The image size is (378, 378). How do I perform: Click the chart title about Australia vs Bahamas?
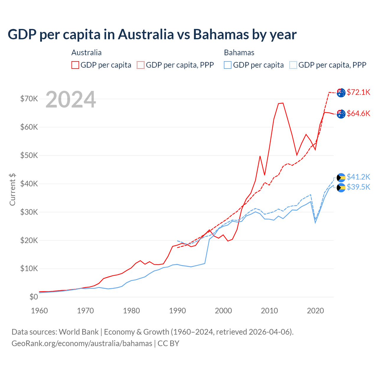(x=152, y=35)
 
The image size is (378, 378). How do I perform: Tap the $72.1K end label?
(x=358, y=92)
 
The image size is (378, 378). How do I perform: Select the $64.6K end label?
(x=358, y=113)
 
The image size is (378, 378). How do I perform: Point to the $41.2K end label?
(x=358, y=177)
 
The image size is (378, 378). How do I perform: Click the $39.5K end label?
(x=358, y=187)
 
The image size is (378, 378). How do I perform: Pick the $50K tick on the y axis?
(x=29, y=155)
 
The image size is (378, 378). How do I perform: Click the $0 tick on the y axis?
(x=34, y=297)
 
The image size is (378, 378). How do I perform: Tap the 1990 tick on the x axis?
(x=177, y=311)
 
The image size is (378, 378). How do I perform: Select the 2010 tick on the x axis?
(x=269, y=311)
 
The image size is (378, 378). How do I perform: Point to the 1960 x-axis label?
(x=40, y=311)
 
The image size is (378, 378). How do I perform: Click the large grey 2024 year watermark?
(x=71, y=100)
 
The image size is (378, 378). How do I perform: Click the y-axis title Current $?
(x=12, y=190)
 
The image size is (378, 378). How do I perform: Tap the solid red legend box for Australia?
(x=75, y=65)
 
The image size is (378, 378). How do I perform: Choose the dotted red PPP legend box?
(x=141, y=65)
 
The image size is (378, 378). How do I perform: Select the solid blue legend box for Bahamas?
(x=228, y=65)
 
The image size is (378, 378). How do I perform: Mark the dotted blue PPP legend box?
(x=293, y=65)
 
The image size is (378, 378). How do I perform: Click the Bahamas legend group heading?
(x=239, y=53)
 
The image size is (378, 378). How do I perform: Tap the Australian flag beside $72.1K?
(x=341, y=92)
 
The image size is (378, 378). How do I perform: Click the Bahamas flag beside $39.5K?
(x=341, y=188)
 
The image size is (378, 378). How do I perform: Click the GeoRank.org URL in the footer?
(x=82, y=343)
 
